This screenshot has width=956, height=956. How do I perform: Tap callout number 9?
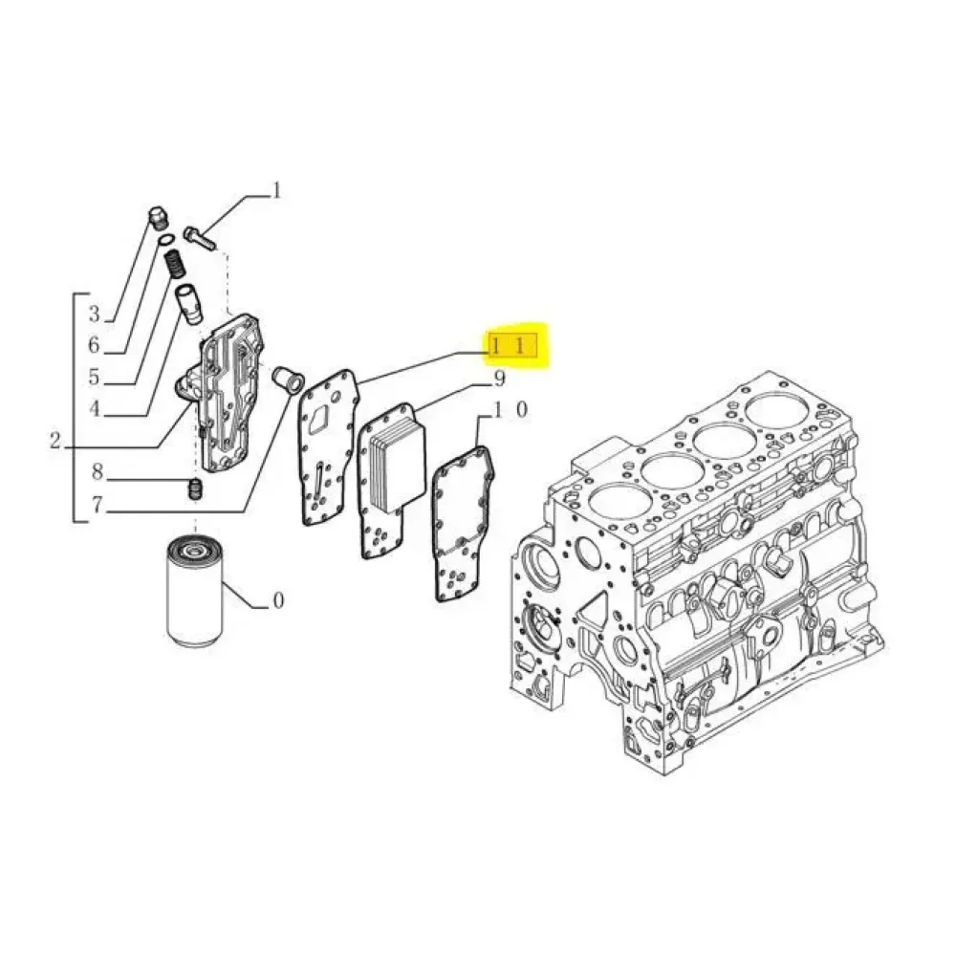coord(499,380)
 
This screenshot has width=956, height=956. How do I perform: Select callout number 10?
coord(510,410)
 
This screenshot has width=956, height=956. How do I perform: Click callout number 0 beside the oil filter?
coord(278,600)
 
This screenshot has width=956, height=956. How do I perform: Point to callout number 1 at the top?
coord(277,190)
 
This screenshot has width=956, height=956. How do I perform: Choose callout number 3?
coord(94,314)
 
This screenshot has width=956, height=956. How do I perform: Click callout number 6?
coord(94,345)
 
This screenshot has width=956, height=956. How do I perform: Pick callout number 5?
coord(94,377)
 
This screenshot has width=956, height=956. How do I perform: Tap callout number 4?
coord(94,408)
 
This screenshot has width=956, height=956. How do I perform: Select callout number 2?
coord(55,440)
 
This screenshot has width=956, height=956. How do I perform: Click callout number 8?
coord(97,471)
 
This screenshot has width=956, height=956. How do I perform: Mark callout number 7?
coord(97,505)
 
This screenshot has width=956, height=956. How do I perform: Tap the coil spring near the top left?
coord(176,264)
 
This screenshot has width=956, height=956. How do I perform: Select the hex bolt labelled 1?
coord(199,238)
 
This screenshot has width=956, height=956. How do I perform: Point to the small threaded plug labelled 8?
coord(195,489)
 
